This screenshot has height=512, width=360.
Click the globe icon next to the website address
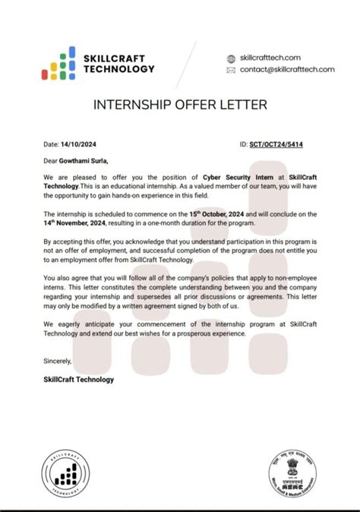tap(232, 58)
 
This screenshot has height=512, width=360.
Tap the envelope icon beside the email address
tap(232, 70)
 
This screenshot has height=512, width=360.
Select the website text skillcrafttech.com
tap(270, 58)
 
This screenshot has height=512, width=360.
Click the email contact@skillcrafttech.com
tap(287, 69)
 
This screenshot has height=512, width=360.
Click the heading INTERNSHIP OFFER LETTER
tap(179, 105)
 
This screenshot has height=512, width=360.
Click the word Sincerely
tap(58, 361)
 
